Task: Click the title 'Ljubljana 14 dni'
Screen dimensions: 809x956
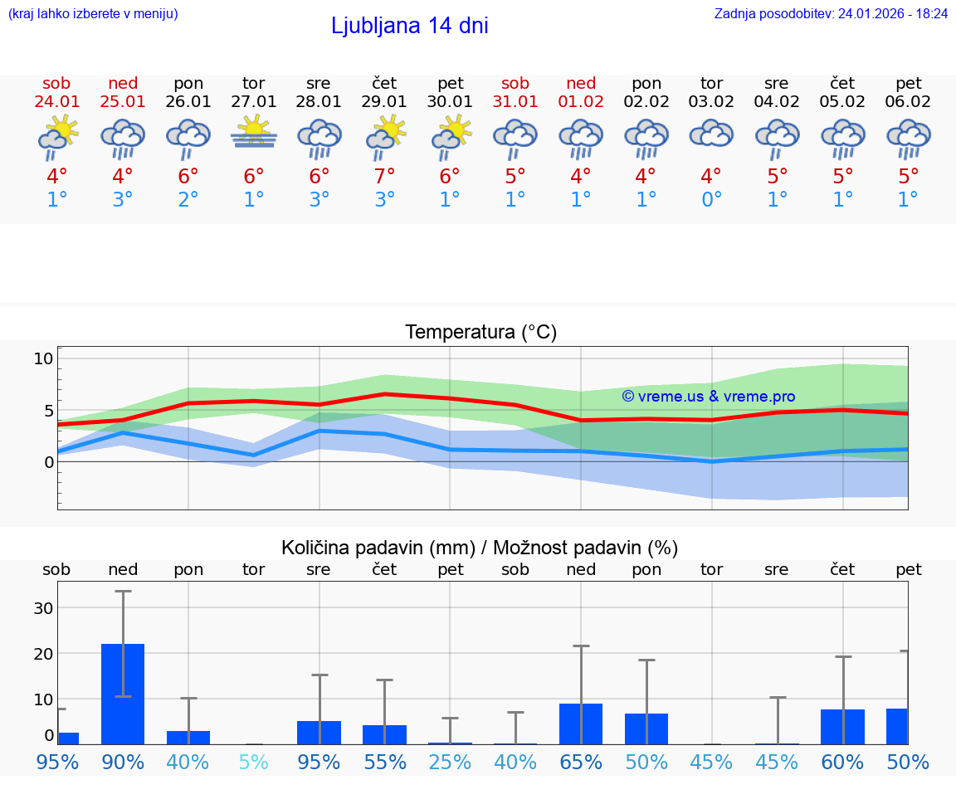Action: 409,26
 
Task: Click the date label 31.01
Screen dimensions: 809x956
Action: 515,101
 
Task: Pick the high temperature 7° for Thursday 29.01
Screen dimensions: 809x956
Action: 384,176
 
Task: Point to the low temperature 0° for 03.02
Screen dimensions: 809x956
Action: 711,200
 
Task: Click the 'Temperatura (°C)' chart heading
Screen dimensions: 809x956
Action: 480,332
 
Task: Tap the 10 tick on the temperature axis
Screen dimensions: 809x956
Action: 43,358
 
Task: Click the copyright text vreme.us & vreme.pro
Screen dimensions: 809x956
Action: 708,397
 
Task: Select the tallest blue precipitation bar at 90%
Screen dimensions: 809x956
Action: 123,694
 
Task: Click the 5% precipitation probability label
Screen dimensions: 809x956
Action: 253,762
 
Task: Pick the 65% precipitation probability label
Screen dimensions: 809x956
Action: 580,762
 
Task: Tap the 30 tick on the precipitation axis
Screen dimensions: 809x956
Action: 43,607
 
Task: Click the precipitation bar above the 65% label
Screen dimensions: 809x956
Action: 580,724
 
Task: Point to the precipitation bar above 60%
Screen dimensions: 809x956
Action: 842,727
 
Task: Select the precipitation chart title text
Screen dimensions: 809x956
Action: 480,548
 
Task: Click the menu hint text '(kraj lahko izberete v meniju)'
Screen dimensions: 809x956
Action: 93,13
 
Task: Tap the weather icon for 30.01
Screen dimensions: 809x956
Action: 450,136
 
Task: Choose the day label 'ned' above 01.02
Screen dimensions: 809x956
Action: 581,83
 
